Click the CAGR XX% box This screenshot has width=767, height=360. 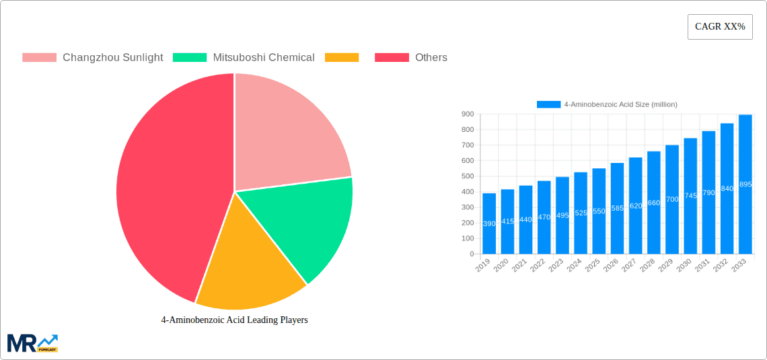coord(720,27)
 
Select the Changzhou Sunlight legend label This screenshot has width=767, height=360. coord(112,57)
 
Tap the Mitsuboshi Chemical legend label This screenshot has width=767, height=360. coord(263,57)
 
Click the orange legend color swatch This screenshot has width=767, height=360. coord(341,57)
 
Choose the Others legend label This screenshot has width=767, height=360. coord(431,57)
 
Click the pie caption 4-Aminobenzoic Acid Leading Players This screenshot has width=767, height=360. coord(234,320)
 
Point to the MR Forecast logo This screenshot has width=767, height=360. coord(32,343)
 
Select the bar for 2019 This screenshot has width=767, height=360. coord(489,223)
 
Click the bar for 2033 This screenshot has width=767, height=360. coord(745,184)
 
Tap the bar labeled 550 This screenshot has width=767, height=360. coord(599,211)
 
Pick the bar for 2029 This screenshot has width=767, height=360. coord(671,199)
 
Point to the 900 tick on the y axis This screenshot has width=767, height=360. coord(466,114)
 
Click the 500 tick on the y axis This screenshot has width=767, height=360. coord(466,176)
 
